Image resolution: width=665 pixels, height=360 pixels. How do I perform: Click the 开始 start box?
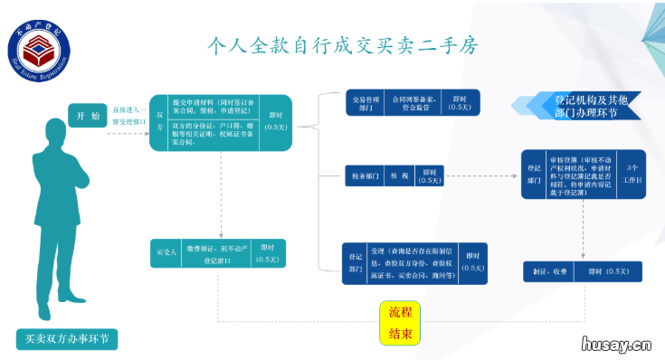point(87,115)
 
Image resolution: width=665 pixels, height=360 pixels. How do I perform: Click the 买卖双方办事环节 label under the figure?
point(67,340)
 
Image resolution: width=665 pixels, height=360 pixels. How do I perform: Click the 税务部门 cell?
point(363,175)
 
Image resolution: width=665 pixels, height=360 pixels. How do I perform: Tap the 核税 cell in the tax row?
point(399,175)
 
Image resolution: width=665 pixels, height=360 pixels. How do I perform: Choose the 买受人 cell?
point(166,253)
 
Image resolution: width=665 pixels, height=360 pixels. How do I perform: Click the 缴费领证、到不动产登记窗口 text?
point(214,253)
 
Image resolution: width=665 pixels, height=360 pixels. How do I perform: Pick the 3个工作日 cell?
point(631,174)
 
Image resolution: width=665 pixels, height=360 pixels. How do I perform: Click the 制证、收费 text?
point(546,271)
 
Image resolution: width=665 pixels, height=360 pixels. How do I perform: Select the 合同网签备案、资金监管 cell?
point(413,102)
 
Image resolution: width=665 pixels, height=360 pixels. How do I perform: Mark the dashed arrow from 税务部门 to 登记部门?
point(480,175)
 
